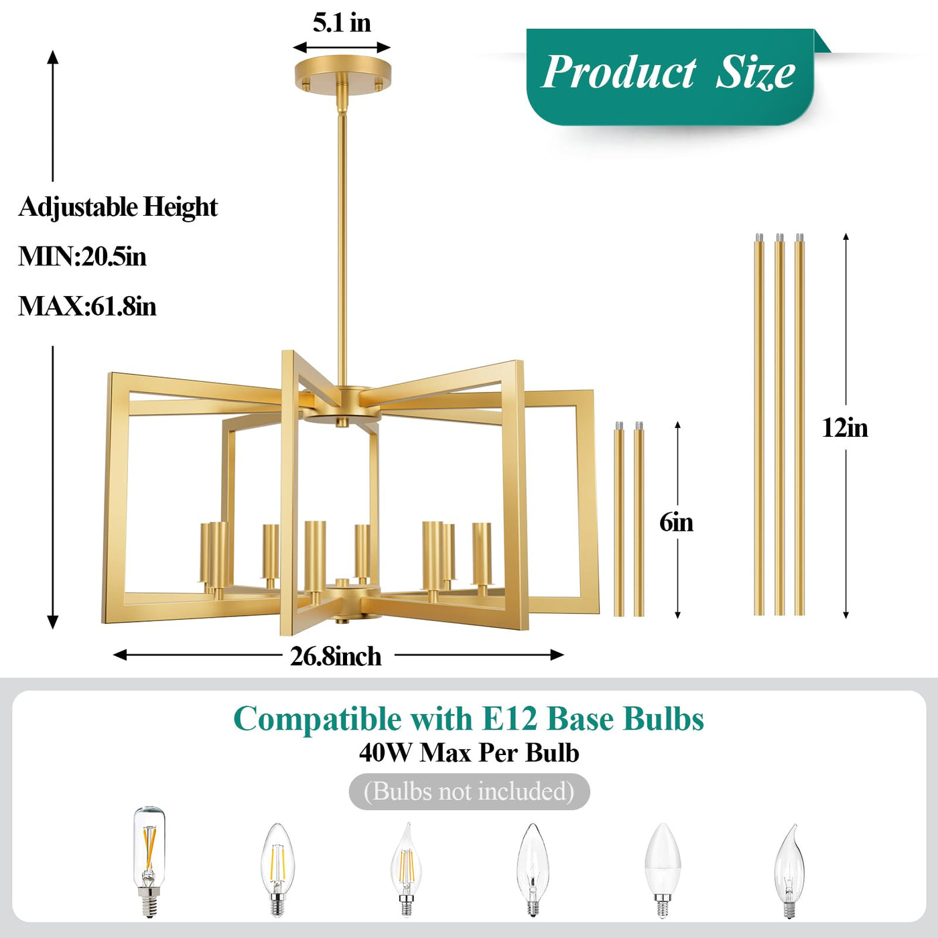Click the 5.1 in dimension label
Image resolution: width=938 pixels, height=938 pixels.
pyautogui.click(x=342, y=23)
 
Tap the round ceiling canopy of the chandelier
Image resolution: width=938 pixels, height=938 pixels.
pyautogui.click(x=342, y=76)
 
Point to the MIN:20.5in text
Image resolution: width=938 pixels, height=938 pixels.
pyautogui.click(x=82, y=257)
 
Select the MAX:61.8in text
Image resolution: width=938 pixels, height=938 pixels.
pyautogui.click(x=87, y=307)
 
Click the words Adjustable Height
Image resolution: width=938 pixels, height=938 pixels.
pyautogui.click(x=118, y=207)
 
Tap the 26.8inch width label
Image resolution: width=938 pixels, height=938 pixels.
pyautogui.click(x=336, y=657)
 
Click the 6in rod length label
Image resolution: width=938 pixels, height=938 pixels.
pyautogui.click(x=676, y=523)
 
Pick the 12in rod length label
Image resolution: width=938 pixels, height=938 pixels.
pyautogui.click(x=845, y=428)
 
